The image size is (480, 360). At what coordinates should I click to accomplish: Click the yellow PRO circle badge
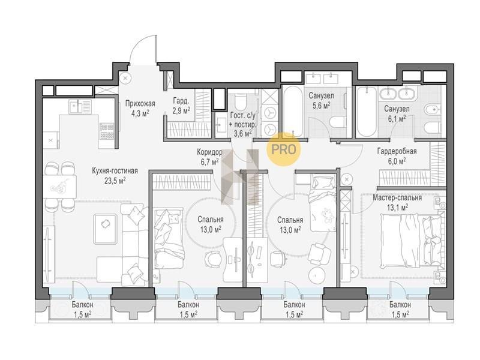[x=284, y=149]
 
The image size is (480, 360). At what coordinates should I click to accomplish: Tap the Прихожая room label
[x=140, y=103]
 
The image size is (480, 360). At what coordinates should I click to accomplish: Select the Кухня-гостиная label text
[x=115, y=170]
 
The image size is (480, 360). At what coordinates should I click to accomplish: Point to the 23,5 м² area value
[x=115, y=181]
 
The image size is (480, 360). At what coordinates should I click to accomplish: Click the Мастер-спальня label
[x=397, y=198]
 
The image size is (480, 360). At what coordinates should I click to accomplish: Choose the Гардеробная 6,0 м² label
[x=397, y=156]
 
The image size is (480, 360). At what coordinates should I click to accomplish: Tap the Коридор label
[x=209, y=152]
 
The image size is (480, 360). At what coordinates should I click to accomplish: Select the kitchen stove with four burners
[x=107, y=131]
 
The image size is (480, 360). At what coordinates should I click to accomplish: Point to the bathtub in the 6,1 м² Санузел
[x=367, y=112]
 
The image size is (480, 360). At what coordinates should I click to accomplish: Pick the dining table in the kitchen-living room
[x=59, y=187]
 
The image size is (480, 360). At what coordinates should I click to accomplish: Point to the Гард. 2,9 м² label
[x=181, y=105]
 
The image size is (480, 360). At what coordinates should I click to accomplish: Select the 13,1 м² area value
[x=397, y=208]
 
